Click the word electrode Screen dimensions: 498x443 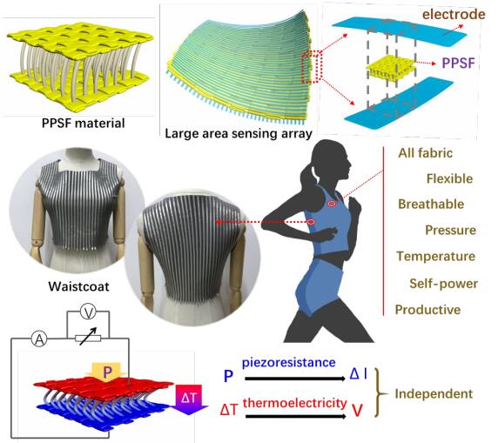(454, 14)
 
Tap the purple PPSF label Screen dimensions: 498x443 (458, 63)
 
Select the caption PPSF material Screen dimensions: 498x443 (84, 124)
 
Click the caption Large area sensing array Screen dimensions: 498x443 (239, 133)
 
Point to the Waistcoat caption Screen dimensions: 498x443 (78, 286)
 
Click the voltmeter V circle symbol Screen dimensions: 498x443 (88, 312)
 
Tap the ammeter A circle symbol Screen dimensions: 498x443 (39, 339)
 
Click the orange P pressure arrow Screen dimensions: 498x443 (106, 372)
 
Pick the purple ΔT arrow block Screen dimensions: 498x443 (190, 399)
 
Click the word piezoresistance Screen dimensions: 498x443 (289, 363)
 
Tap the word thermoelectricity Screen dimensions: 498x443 (295, 403)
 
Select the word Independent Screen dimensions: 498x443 (434, 394)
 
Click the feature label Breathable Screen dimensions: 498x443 (431, 205)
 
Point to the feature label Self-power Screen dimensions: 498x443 (444, 284)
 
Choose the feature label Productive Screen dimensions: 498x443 (427, 310)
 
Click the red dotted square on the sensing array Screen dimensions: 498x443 (312, 67)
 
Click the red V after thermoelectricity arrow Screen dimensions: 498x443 (357, 410)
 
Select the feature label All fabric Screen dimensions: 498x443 (425, 153)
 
